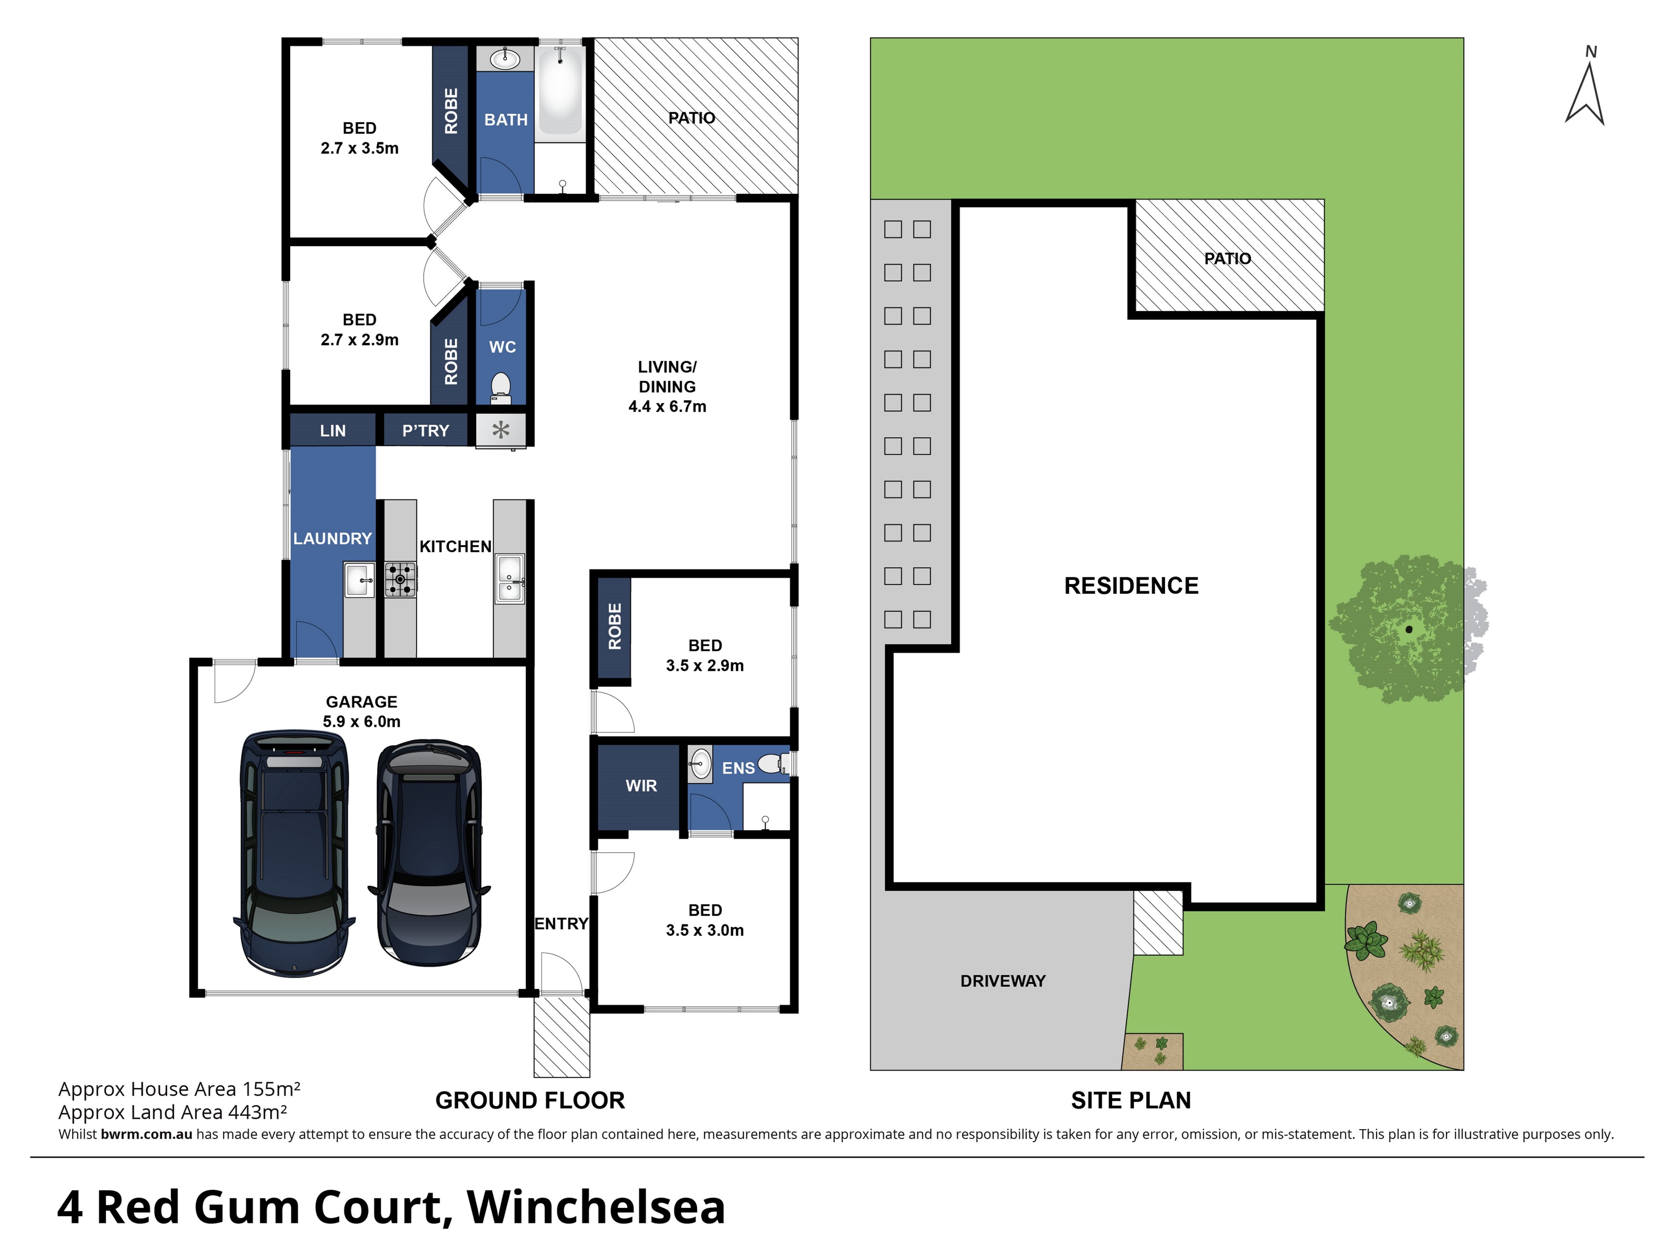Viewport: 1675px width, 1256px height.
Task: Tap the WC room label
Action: pos(502,347)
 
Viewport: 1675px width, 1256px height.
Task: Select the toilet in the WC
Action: pos(501,388)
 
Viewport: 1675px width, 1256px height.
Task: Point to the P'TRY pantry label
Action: pos(426,431)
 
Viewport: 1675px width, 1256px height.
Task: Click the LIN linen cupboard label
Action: pos(332,431)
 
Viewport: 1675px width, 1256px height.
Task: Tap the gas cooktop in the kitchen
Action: pos(400,579)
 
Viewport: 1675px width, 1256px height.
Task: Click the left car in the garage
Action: pos(294,853)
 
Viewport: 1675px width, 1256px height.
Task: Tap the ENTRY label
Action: pos(561,924)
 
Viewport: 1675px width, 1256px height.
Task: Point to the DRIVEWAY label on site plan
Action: pos(1003,981)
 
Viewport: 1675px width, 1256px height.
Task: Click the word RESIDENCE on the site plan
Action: pos(1131,585)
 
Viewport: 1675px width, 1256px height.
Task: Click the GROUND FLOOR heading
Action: pos(530,1100)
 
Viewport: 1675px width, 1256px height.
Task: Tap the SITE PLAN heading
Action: pos(1131,1100)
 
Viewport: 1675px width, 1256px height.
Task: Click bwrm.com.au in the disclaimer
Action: pos(146,1134)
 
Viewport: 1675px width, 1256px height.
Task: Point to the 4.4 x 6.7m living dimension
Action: pos(667,407)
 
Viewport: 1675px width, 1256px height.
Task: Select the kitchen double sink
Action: pos(510,579)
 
